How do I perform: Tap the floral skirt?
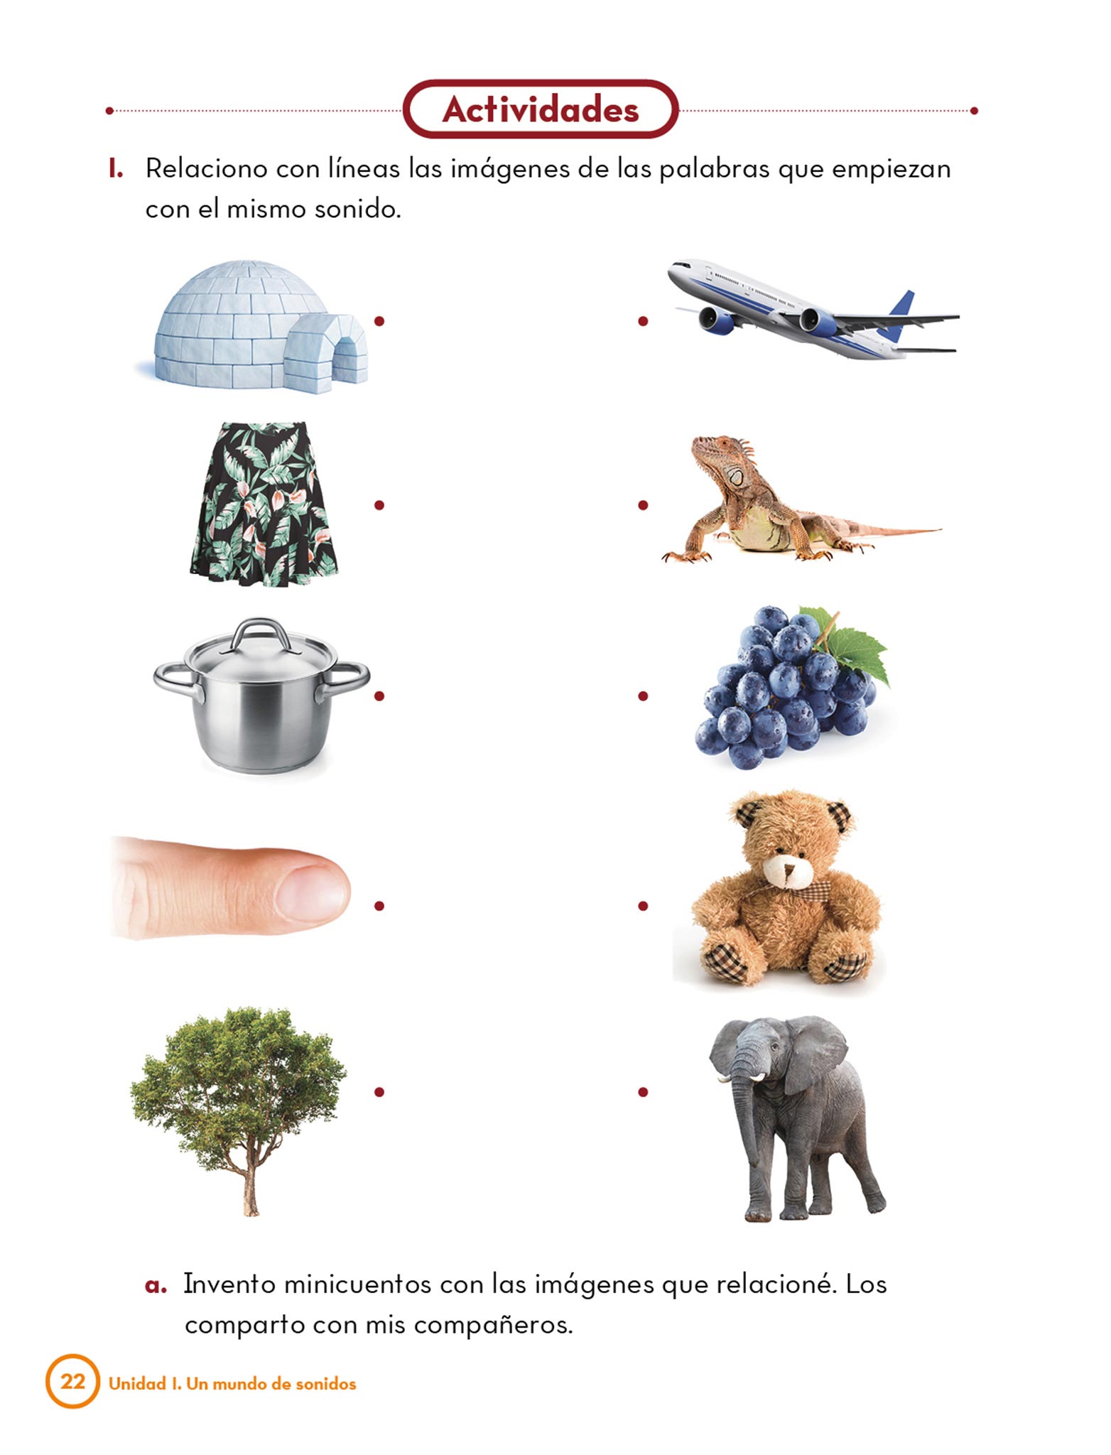click(x=264, y=504)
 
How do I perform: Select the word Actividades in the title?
click(x=541, y=109)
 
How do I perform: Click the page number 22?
click(x=72, y=1381)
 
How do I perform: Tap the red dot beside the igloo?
click(x=379, y=321)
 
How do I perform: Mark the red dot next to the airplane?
click(x=643, y=321)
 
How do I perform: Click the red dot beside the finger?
click(x=379, y=906)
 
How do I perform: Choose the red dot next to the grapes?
click(x=643, y=696)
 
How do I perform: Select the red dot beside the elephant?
click(x=643, y=1092)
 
